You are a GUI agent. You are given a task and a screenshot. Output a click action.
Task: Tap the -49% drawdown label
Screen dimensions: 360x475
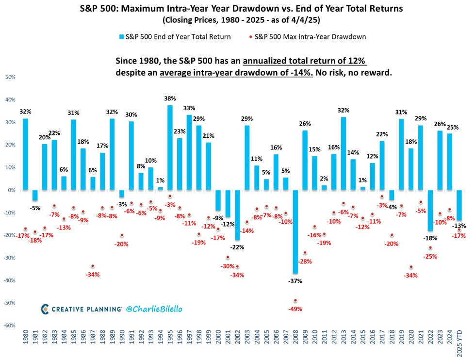click(295, 309)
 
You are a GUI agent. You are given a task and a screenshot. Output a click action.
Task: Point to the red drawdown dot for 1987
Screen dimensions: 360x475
click(93, 266)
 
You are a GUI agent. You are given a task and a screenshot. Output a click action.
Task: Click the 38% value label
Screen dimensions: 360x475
click(170, 98)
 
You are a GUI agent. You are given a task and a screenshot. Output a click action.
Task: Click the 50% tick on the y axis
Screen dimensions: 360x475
click(10, 77)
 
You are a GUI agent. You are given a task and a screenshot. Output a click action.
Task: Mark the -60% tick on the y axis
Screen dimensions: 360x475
click(10, 326)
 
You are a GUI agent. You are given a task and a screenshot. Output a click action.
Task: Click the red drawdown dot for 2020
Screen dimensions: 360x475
click(411, 267)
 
